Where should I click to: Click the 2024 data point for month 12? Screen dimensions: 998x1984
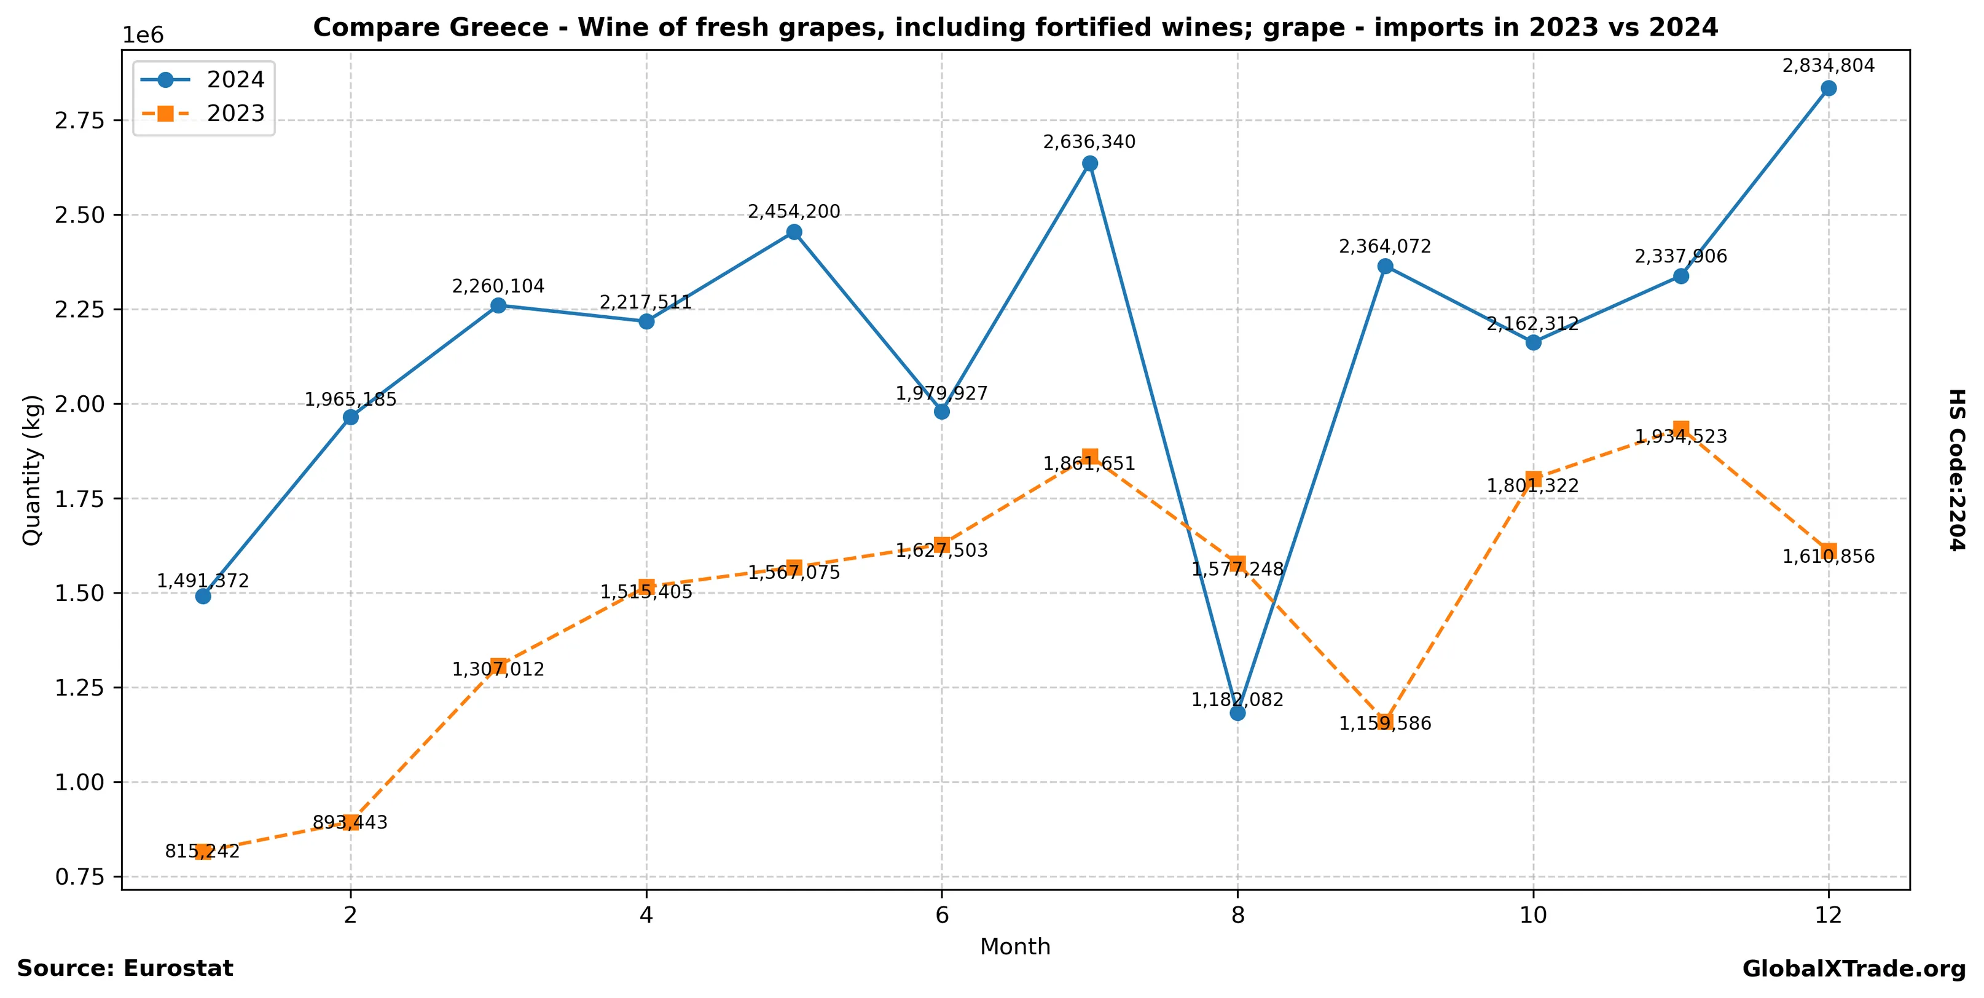coord(1829,88)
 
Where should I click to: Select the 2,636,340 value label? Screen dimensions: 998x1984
coord(1089,142)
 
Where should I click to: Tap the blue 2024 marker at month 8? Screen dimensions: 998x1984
coord(1237,713)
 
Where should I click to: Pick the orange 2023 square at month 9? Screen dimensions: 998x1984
coord(1386,721)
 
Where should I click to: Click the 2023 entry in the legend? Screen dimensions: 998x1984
coord(235,113)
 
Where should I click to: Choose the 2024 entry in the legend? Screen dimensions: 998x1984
coord(235,79)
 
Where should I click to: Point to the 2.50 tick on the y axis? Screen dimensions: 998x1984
coord(79,215)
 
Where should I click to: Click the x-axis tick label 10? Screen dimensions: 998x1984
coord(1532,915)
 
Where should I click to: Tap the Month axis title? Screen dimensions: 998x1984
coord(1015,946)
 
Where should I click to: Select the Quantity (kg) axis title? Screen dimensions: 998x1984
coord(31,470)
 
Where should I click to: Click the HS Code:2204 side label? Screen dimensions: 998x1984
coord(1957,470)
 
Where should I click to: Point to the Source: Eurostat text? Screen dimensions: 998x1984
coord(125,969)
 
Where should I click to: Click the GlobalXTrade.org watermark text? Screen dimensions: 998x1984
coord(1854,969)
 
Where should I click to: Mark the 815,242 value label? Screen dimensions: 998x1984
coord(202,851)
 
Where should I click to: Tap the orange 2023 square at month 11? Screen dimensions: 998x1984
coord(1681,429)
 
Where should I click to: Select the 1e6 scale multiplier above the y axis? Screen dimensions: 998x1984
coord(143,36)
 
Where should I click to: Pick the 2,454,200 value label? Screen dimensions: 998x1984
coord(794,212)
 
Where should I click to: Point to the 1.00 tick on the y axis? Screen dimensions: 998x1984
coord(79,782)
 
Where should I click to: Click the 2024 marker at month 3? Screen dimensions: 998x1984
coord(498,305)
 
